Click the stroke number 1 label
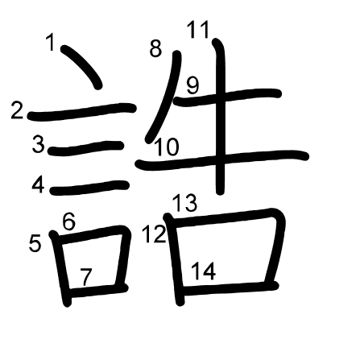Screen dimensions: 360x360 coord(50,42)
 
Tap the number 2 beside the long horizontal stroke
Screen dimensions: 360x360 coord(17,110)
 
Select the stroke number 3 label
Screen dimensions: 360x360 coord(38,144)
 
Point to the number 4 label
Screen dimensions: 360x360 coord(38,185)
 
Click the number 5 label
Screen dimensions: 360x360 coord(35,243)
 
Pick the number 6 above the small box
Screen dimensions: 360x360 coord(69,221)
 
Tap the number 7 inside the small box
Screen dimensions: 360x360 coord(86,277)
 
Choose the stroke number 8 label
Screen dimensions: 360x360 coord(155,48)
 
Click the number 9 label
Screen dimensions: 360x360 coord(193,86)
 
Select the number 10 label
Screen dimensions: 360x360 coord(167,147)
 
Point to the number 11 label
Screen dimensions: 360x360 coord(198,30)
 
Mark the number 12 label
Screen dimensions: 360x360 coord(154,234)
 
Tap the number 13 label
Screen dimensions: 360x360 coord(185,203)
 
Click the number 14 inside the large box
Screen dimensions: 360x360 coord(203,271)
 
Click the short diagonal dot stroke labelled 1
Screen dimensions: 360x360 coord(81,67)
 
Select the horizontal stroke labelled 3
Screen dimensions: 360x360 coord(86,148)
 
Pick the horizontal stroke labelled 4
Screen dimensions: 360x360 coord(89,188)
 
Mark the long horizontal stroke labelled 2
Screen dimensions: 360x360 coord(82,112)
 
